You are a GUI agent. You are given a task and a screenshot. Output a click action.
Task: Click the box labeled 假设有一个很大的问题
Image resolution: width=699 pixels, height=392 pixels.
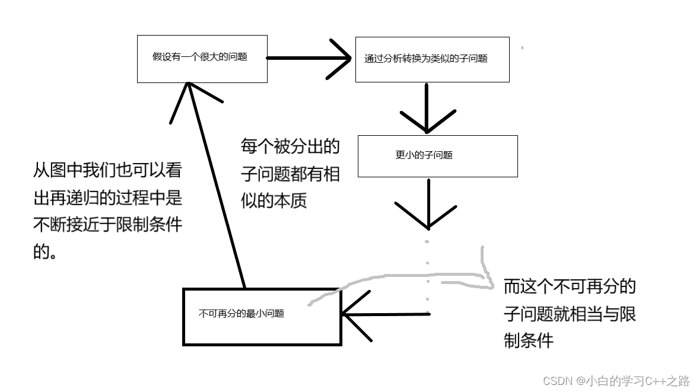(202, 58)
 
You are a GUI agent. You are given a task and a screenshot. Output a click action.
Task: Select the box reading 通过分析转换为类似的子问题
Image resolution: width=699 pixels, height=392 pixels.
(432, 59)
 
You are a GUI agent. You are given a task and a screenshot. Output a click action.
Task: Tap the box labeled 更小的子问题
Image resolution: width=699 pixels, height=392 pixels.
(437, 155)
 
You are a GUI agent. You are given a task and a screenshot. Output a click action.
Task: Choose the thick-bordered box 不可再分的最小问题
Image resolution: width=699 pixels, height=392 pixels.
(262, 316)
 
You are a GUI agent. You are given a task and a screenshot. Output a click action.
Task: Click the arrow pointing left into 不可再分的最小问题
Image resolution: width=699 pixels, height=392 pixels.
(386, 314)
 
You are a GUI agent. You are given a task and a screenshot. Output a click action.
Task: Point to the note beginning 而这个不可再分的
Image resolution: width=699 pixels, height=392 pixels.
(570, 314)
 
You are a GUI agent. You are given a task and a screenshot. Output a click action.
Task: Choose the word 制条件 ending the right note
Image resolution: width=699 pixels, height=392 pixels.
(528, 340)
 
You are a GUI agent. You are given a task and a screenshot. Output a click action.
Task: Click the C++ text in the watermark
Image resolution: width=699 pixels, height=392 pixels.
(650, 380)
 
